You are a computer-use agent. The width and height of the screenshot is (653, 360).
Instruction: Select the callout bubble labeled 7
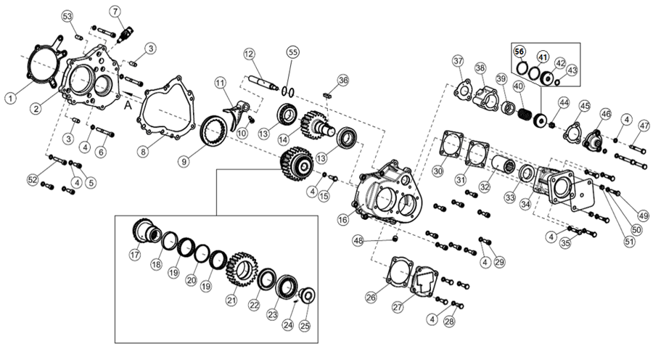click(115, 10)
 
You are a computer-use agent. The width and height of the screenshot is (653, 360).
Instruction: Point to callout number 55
click(292, 52)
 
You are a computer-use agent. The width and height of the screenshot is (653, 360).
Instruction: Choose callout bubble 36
click(343, 80)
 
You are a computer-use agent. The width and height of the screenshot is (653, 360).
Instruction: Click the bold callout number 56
click(520, 52)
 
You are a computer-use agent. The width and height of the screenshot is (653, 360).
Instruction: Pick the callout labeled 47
click(644, 126)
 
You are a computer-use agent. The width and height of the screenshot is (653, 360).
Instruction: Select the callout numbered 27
click(398, 307)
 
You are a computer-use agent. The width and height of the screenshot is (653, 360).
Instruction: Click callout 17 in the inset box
click(135, 254)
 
